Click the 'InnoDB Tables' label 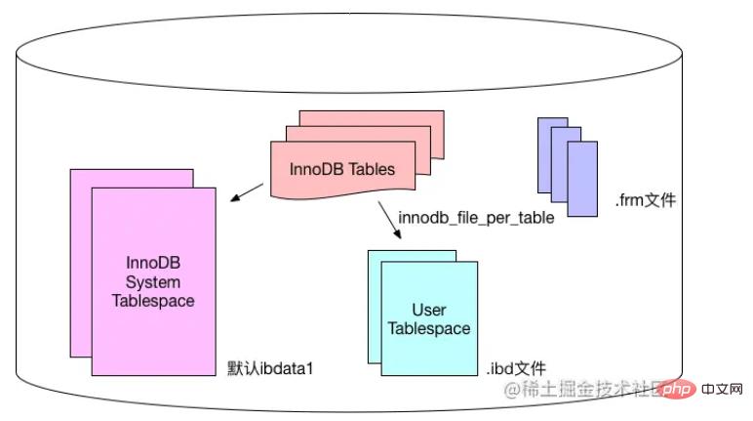342,169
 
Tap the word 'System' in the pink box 153,282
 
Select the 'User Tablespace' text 429,319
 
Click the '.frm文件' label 645,201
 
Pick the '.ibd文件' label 517,369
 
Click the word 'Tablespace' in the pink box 153,301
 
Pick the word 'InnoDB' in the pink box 153,264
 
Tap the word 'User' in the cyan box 429,310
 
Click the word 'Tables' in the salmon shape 374,169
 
